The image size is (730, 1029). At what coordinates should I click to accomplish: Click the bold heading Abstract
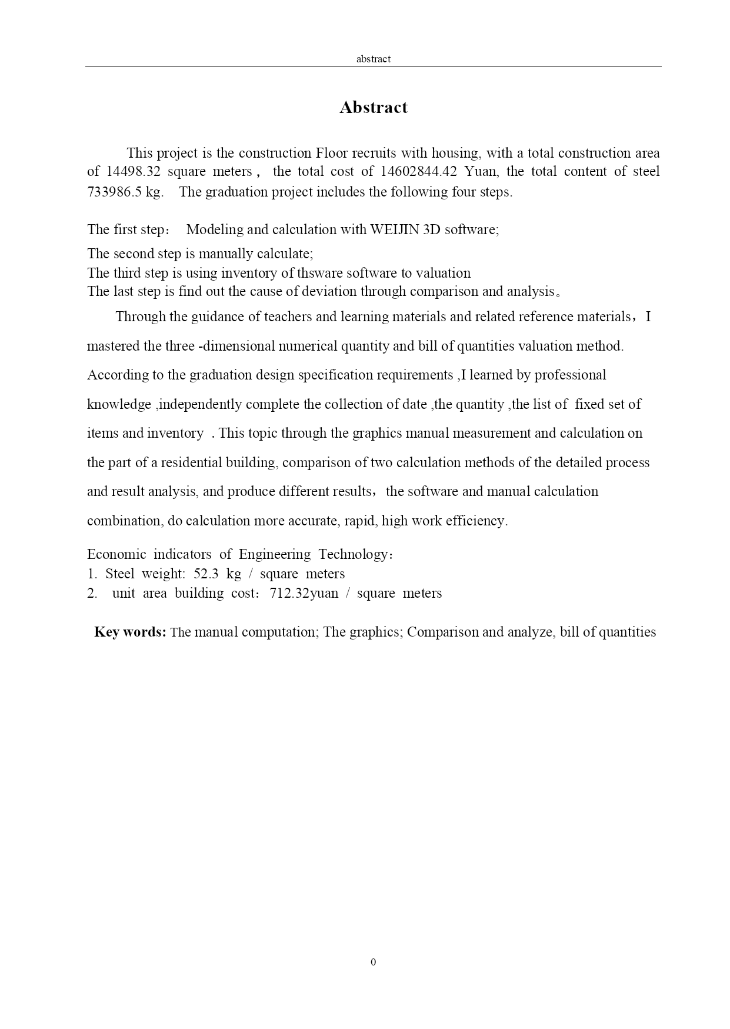click(373, 108)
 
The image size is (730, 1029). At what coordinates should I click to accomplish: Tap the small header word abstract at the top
click(373, 59)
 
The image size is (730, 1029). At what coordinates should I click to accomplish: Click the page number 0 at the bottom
click(374, 962)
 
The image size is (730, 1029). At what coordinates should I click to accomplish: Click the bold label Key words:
click(130, 632)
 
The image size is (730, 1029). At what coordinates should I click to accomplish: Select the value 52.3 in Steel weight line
click(206, 574)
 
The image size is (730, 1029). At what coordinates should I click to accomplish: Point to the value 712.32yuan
click(304, 593)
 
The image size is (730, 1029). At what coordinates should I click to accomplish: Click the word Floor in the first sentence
click(332, 153)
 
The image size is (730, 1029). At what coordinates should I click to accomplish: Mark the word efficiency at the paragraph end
click(476, 521)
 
